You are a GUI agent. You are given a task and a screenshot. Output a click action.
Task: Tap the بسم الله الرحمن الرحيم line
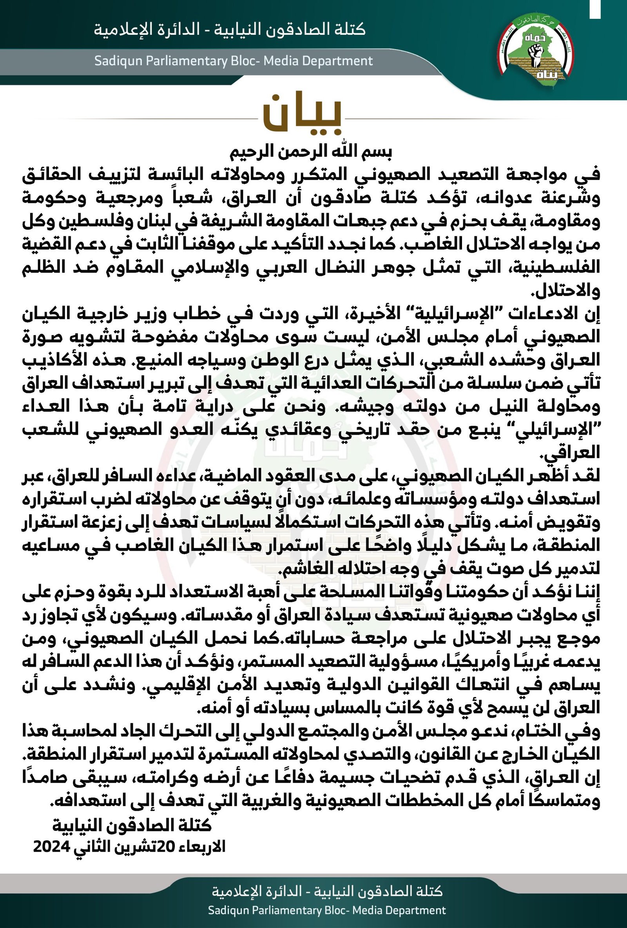[311, 152]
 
